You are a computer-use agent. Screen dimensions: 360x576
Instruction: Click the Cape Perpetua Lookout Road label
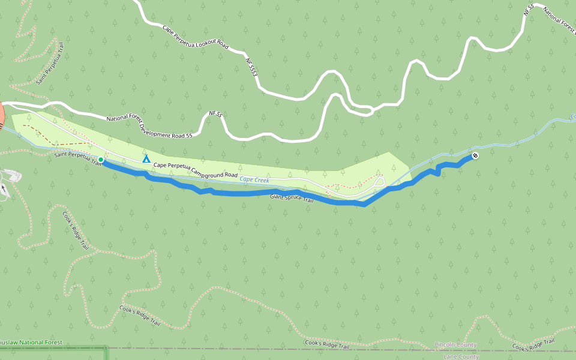tap(196, 37)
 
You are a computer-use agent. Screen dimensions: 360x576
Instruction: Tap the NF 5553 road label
tap(251, 67)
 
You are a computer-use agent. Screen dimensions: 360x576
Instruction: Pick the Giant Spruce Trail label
tap(292, 197)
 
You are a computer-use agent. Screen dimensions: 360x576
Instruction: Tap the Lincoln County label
tap(455, 345)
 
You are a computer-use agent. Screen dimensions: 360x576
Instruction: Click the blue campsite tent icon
tap(146, 159)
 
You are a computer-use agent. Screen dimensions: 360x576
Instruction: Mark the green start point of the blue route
tap(101, 160)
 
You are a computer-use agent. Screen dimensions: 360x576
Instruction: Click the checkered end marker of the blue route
tap(475, 155)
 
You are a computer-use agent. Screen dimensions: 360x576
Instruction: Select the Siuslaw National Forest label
tap(30, 342)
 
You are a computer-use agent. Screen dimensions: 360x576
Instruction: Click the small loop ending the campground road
tap(379, 181)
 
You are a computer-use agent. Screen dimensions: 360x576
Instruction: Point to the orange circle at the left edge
tap(1, 115)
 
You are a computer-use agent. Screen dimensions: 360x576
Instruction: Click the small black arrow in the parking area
tap(4, 188)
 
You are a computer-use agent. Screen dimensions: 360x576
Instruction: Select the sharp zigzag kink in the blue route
tap(438, 169)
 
